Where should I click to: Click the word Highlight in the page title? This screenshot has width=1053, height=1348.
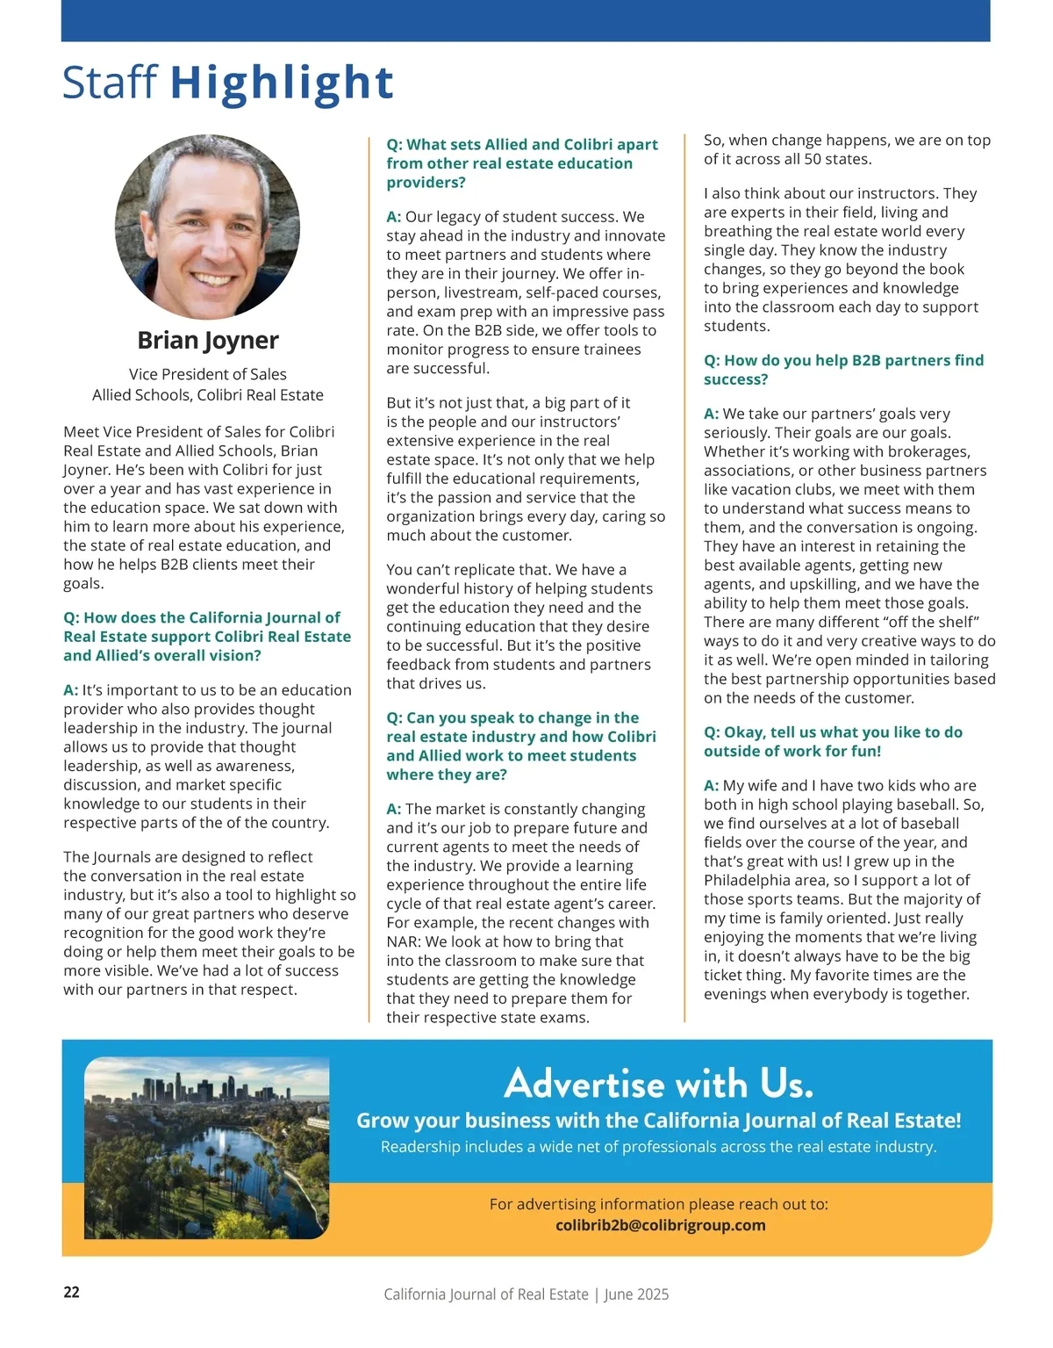282,83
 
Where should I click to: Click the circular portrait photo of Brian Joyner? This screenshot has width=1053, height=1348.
208,227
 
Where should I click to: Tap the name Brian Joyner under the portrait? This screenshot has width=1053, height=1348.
208,340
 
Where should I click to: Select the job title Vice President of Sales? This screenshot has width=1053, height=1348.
208,374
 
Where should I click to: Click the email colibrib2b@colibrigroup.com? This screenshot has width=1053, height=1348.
660,1225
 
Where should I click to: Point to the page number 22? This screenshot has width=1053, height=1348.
71,1292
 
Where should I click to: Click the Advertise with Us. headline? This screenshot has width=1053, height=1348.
658,1084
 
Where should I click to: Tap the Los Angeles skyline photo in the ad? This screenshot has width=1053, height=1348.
207,1147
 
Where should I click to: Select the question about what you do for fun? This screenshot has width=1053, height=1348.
833,741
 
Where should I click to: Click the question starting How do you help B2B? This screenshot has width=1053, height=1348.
843,370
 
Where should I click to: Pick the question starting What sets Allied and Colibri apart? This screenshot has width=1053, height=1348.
522,163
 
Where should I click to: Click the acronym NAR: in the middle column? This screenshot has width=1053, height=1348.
404,941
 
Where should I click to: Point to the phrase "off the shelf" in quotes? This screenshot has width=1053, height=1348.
943,622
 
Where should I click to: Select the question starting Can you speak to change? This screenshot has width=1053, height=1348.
521,746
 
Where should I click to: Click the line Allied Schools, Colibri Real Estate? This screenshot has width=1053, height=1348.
208,395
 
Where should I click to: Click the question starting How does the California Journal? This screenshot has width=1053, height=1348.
207,637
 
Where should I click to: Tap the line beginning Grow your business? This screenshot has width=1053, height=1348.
658,1121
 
